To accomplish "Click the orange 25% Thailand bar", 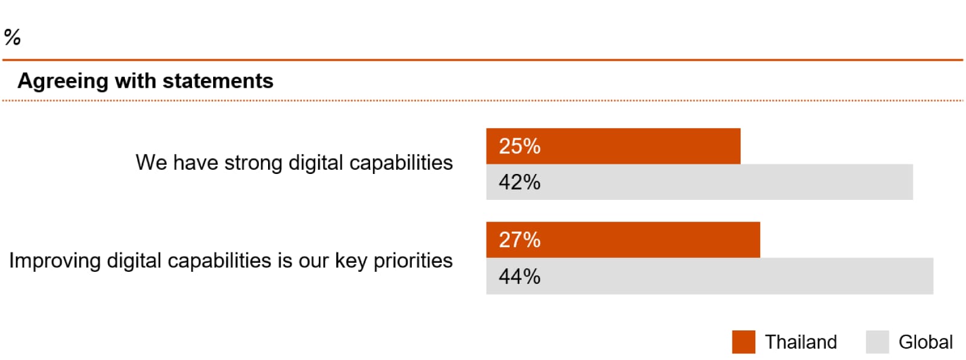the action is point(613,146).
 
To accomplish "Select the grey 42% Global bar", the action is point(700,182).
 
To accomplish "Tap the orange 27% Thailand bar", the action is point(623,240).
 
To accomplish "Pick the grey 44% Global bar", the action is point(710,276).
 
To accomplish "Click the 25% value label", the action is point(520,146).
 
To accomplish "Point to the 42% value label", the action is point(520,182).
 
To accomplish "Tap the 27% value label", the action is point(520,240).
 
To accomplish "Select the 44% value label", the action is point(520,276).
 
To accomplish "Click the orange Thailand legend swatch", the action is point(743,342).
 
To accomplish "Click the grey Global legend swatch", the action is point(878,342).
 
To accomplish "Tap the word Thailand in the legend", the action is point(801,342).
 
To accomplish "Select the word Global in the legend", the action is point(926,342).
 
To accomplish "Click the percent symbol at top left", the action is point(13,37).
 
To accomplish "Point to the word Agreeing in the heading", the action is point(63,82).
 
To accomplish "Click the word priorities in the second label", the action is point(413,261).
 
